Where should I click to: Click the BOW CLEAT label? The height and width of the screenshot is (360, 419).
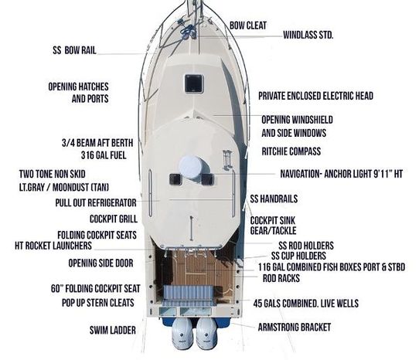248,25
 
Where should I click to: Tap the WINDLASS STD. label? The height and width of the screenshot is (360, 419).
308,35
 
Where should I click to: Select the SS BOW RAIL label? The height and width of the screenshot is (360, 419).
74,50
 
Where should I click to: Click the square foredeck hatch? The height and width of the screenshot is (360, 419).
194,83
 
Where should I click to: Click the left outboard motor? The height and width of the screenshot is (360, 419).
182,334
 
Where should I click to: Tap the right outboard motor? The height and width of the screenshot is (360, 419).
207,334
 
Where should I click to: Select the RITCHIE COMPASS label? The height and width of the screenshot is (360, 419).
291,151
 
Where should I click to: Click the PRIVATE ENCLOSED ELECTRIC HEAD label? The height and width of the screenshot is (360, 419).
315,96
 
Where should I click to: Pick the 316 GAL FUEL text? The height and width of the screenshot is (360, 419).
104,155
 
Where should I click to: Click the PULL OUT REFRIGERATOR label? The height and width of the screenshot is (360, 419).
96,202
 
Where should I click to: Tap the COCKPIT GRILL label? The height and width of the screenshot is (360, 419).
114,219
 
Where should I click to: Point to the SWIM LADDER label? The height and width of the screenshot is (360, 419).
113,331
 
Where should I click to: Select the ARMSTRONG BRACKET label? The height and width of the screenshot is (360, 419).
295,327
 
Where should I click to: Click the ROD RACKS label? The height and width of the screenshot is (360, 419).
281,278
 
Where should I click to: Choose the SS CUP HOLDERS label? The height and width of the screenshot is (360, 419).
298,256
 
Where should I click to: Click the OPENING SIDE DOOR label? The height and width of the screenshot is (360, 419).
100,263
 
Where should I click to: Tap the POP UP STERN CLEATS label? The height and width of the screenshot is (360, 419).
98,303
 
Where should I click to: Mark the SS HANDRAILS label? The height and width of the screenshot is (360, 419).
274,199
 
